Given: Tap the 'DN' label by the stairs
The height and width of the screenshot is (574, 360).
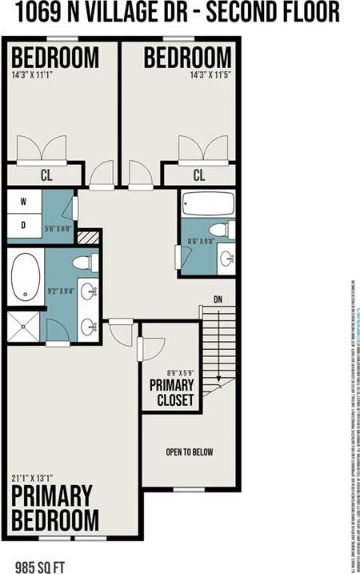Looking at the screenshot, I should pyautogui.click(x=218, y=299).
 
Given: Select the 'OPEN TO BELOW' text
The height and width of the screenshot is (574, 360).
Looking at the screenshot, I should pyautogui.click(x=190, y=452).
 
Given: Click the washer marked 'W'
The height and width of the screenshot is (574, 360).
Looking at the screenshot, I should pyautogui.click(x=23, y=202).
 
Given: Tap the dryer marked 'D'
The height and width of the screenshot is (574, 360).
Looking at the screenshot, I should pyautogui.click(x=23, y=226).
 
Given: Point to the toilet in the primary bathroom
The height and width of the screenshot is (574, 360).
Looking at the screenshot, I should pyautogui.click(x=82, y=263).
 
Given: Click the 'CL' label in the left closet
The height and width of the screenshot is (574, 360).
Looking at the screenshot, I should pyautogui.click(x=46, y=175).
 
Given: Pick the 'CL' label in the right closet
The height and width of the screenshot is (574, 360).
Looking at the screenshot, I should pyautogui.click(x=199, y=175).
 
